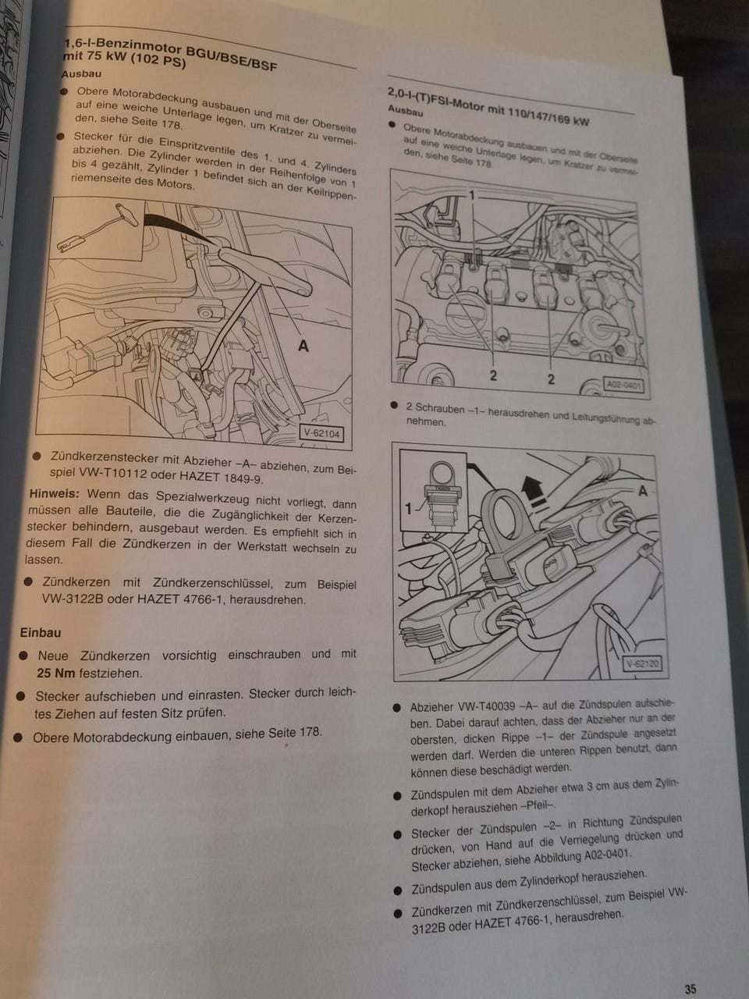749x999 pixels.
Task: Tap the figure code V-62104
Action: tap(321, 433)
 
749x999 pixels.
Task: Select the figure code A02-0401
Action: tap(623, 386)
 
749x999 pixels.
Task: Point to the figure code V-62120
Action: tap(641, 664)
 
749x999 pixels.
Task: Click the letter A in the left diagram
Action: tap(304, 347)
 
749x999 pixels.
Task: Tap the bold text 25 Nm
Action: tap(55, 673)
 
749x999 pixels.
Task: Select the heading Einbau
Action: tap(40, 632)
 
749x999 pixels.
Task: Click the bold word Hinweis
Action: tap(54, 493)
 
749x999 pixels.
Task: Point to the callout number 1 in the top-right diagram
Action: tap(471, 196)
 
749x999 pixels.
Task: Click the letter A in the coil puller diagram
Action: tap(643, 491)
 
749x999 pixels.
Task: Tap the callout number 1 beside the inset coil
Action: tap(408, 508)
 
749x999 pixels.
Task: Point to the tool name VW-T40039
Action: tap(486, 707)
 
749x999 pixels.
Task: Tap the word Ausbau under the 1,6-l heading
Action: tap(81, 73)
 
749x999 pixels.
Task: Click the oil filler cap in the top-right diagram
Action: tap(463, 314)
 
